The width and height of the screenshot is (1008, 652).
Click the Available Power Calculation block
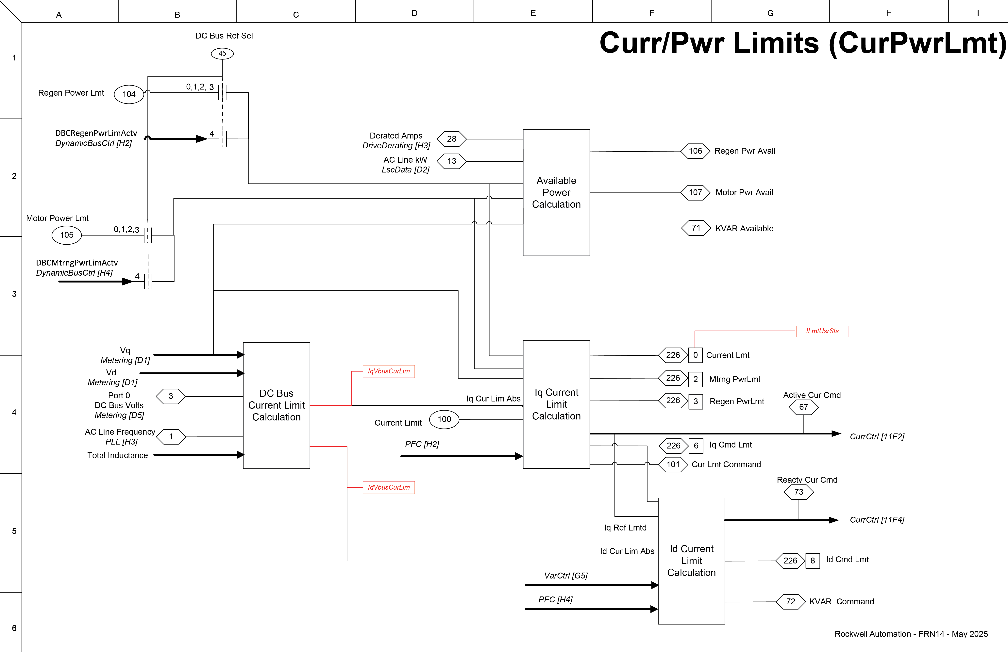tap(556, 193)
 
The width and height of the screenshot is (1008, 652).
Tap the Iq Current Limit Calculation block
tap(556, 404)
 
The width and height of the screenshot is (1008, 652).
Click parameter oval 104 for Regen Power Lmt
tap(129, 94)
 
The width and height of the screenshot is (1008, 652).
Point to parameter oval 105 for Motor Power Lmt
tap(66, 235)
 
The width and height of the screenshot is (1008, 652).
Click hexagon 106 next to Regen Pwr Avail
tap(695, 151)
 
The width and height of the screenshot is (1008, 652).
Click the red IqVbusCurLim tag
tap(388, 371)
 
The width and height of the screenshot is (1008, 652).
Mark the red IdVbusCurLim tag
tap(388, 487)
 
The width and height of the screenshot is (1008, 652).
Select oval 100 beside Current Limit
tap(444, 419)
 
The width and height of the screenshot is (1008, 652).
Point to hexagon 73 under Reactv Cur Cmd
tap(798, 492)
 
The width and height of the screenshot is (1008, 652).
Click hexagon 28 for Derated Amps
tap(451, 139)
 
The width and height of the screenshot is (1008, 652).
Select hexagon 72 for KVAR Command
tap(790, 602)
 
